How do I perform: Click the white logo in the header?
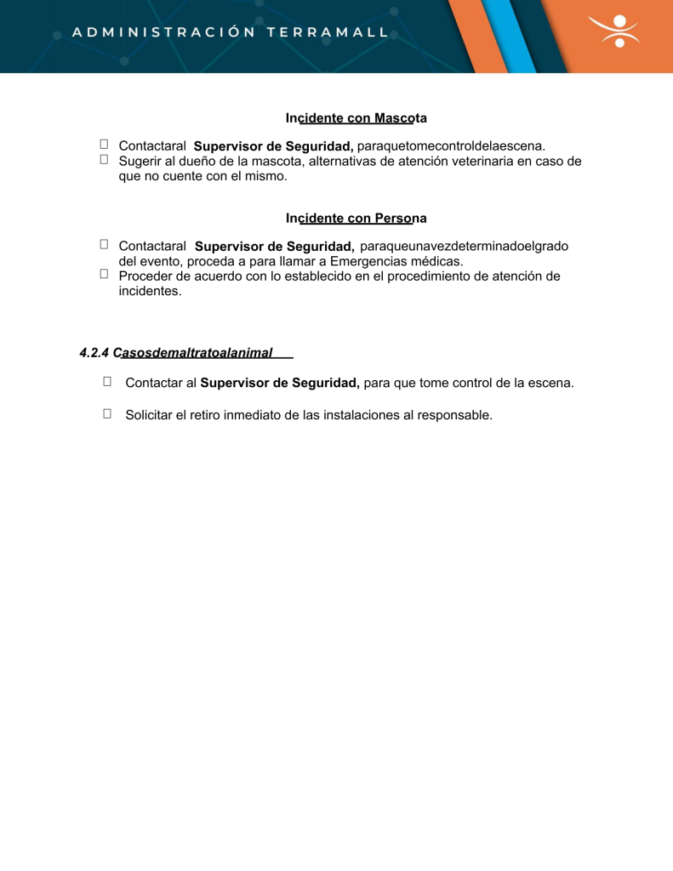coord(619,31)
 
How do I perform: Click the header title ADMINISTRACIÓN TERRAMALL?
coord(231,32)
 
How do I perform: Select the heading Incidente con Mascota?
coord(356,117)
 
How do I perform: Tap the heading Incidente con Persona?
coord(356,218)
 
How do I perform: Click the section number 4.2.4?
coord(94,352)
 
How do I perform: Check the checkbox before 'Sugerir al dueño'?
coord(104,159)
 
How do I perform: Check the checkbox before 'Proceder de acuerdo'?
coord(104,274)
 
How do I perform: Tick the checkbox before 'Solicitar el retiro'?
coord(108,413)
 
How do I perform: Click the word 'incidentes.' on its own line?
coord(151,291)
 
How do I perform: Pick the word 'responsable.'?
coord(454,415)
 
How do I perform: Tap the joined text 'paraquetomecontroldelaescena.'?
coord(451,145)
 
